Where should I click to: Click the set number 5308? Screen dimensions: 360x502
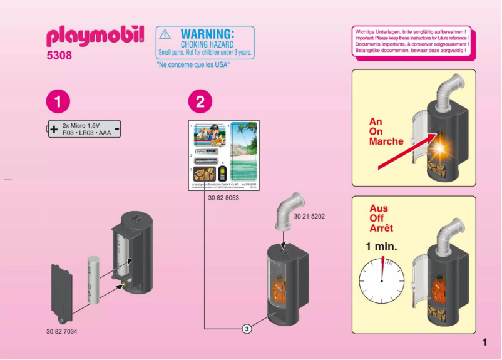pyautogui.click(x=59, y=56)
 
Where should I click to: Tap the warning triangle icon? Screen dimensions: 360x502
pyautogui.click(x=164, y=36)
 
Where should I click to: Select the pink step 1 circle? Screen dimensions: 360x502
pyautogui.click(x=58, y=101)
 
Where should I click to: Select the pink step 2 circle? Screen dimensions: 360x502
pyautogui.click(x=200, y=101)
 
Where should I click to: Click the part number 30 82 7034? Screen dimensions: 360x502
pyautogui.click(x=65, y=330)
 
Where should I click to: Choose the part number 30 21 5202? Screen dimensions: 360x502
pyautogui.click(x=309, y=216)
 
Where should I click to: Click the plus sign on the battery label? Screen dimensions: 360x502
pyautogui.click(x=54, y=130)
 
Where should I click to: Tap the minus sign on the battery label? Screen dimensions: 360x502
pyautogui.click(x=117, y=130)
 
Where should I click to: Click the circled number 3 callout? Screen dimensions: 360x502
pyautogui.click(x=247, y=329)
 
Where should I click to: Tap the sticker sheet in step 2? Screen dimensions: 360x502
pyautogui.click(x=225, y=156)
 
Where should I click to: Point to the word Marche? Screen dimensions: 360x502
pyautogui.click(x=386, y=141)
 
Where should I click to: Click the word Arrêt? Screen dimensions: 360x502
pyautogui.click(x=382, y=228)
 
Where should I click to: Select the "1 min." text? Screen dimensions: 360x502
pyautogui.click(x=382, y=246)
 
